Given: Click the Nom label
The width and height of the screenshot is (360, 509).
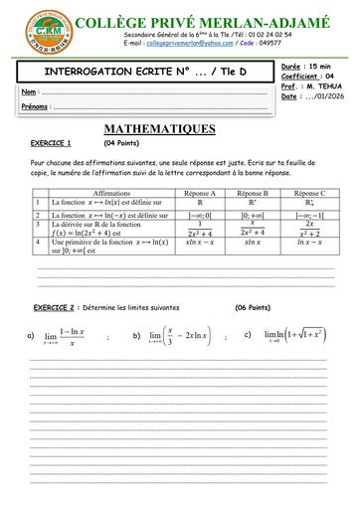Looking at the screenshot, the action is click(29, 91).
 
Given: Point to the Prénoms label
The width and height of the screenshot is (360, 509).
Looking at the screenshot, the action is click(36, 105).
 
